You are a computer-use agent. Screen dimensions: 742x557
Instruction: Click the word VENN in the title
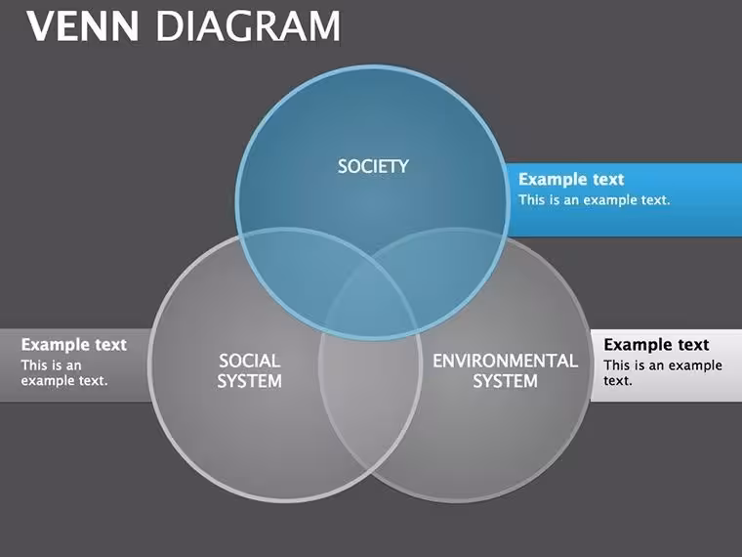pos(83,26)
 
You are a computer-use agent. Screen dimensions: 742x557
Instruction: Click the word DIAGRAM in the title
pos(248,26)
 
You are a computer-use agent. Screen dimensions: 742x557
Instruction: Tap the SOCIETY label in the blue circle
pos(373,166)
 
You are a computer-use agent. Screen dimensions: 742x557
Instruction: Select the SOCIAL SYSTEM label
pos(249,371)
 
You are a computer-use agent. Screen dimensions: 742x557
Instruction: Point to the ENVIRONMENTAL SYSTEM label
pos(506,371)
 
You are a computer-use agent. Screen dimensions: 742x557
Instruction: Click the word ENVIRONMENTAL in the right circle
pos(506,361)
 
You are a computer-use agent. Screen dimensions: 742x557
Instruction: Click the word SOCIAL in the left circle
pos(249,361)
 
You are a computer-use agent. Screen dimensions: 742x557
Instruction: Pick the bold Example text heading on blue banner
pos(571,180)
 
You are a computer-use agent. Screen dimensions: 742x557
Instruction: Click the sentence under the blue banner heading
pos(595,200)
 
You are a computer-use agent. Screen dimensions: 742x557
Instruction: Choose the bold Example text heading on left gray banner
pos(74,345)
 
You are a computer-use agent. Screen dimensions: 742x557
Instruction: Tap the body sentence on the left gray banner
pos(64,372)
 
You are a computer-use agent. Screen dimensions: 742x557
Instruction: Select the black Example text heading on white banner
pos(656,345)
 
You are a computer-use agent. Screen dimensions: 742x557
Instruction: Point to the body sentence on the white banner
pos(663,372)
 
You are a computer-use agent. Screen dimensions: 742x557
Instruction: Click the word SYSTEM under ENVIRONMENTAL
pos(506,381)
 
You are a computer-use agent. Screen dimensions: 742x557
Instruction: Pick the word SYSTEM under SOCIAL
pos(249,381)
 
